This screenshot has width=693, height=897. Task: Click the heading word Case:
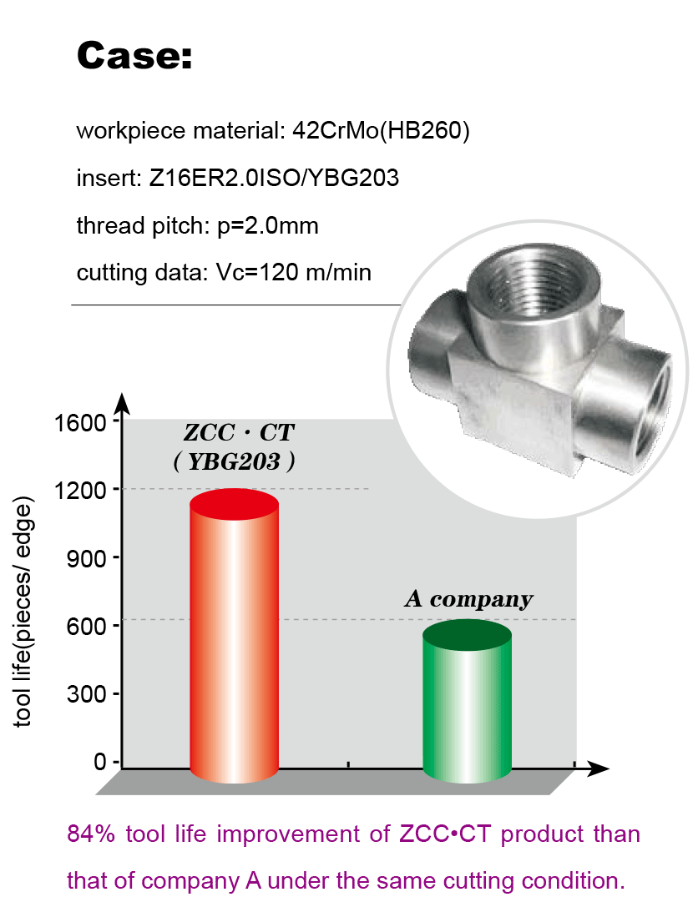[134, 56]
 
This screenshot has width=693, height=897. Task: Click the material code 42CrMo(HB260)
[381, 131]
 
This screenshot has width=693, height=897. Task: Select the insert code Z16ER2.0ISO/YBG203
[274, 178]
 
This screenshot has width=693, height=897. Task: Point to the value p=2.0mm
[268, 226]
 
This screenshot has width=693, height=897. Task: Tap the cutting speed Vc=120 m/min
[294, 272]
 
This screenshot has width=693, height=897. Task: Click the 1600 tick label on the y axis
[80, 423]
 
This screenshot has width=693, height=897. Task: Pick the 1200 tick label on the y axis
[80, 491]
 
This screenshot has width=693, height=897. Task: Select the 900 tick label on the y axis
[86, 558]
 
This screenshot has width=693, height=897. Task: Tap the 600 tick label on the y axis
[86, 627]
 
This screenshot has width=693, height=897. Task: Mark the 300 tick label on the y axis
[86, 694]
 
